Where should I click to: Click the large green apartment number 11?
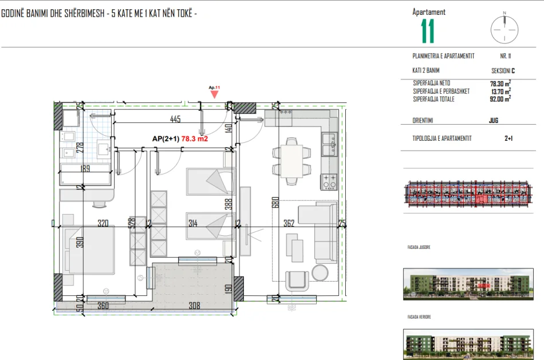click(427, 31)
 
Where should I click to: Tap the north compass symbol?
click(504, 27)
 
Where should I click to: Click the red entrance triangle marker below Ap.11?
click(214, 94)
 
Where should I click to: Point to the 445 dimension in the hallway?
click(175, 119)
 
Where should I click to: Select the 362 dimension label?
click(289, 224)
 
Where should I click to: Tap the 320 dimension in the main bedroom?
click(103, 224)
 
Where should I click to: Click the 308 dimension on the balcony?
click(195, 306)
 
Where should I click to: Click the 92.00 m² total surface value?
click(500, 98)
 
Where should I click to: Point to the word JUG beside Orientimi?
click(494, 121)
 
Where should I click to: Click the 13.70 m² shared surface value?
click(500, 91)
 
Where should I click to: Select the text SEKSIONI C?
click(503, 71)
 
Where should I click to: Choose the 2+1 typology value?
click(508, 139)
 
